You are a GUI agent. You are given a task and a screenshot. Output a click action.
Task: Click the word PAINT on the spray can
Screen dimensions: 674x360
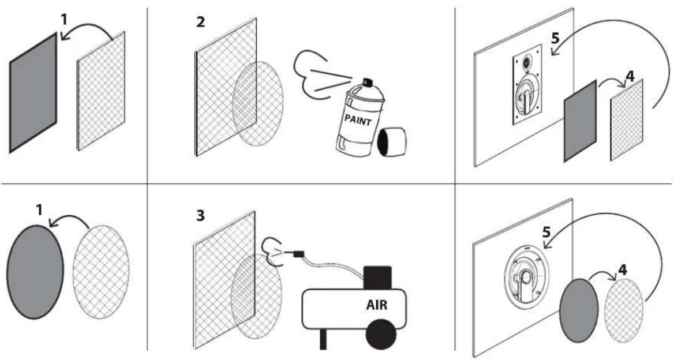tap(358, 119)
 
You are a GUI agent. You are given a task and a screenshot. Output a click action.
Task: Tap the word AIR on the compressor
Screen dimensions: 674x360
tap(377, 305)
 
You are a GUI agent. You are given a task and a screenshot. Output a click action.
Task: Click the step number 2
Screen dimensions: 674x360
tap(201, 22)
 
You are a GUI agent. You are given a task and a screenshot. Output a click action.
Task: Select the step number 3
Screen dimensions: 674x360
tap(200, 216)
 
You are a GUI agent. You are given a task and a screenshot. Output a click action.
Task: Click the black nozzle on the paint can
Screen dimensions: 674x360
tap(368, 82)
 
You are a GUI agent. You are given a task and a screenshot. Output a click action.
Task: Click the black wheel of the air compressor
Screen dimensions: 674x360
tap(381, 334)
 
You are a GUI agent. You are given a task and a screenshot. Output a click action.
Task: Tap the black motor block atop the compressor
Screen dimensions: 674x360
tap(377, 277)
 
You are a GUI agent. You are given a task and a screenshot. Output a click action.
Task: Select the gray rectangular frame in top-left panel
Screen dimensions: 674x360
tap(33, 93)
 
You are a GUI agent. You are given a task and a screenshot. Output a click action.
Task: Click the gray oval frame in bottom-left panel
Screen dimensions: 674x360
tap(35, 272)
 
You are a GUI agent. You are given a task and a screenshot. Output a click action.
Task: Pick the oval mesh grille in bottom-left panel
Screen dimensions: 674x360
tap(101, 272)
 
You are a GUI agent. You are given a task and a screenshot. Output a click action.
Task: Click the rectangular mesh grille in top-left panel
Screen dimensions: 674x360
tap(101, 91)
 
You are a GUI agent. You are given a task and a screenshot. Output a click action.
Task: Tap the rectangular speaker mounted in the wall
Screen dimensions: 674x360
tap(526, 85)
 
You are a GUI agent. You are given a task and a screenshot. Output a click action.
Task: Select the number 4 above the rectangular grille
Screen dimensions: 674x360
tap(630, 76)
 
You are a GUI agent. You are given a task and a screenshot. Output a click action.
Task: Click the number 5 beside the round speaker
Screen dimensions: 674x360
tap(546, 232)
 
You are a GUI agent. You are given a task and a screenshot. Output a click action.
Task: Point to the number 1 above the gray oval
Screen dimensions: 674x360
tap(40, 210)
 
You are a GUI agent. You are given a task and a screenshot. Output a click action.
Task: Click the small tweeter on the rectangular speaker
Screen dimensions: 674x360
tap(526, 63)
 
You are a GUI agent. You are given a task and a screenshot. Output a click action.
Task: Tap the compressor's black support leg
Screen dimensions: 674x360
tap(323, 339)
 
